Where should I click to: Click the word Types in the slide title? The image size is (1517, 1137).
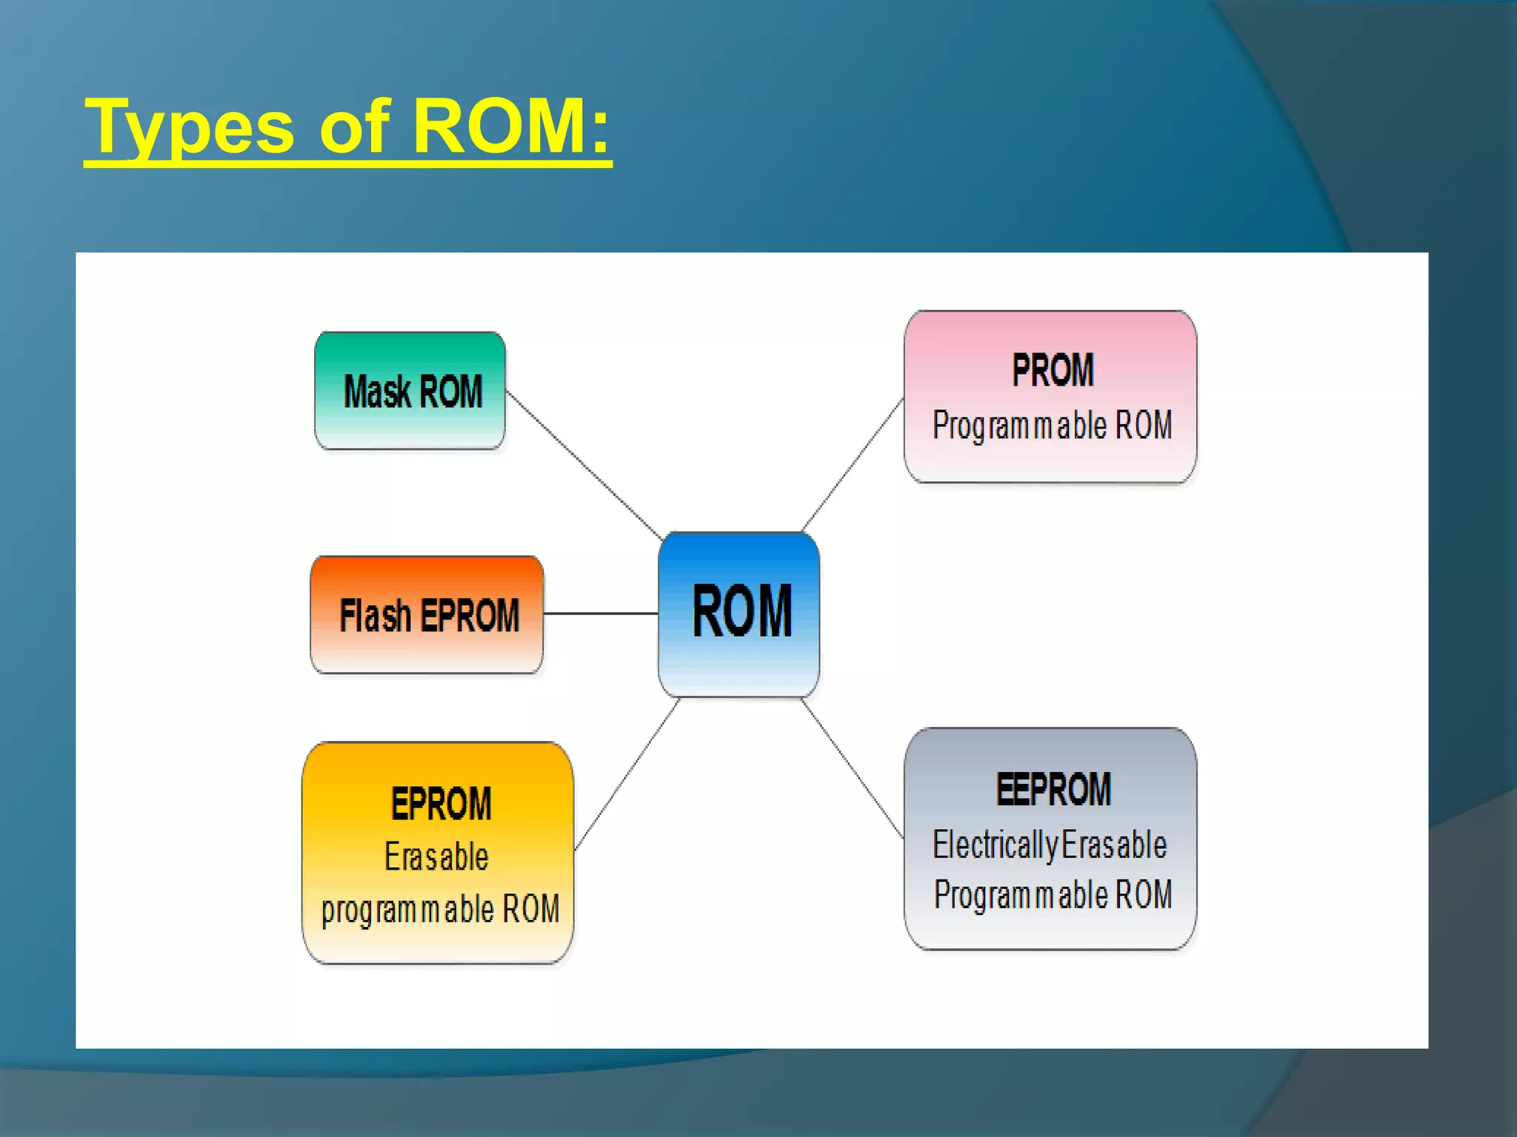coord(190,127)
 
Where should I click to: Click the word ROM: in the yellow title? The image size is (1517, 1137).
coord(511,127)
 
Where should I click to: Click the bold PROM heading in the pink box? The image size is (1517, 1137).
coord(1053,370)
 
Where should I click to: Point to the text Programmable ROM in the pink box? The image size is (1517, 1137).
coord(1052,426)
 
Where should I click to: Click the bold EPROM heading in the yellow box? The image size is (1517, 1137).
coord(441,804)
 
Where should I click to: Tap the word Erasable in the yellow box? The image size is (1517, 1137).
coord(436,857)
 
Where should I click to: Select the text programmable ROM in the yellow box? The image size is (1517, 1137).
coord(440,909)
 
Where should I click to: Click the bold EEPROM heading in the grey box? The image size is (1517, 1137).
coord(1053,789)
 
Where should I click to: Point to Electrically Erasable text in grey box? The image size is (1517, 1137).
coord(1050,845)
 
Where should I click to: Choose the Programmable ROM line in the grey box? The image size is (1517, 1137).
coord(1053,895)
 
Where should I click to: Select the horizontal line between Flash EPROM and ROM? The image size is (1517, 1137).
coord(601,614)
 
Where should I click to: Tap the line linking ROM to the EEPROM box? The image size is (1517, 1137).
coord(853,769)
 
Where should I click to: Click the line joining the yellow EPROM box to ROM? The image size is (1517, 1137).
coord(627,774)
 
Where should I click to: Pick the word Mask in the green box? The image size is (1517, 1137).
coord(377,392)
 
